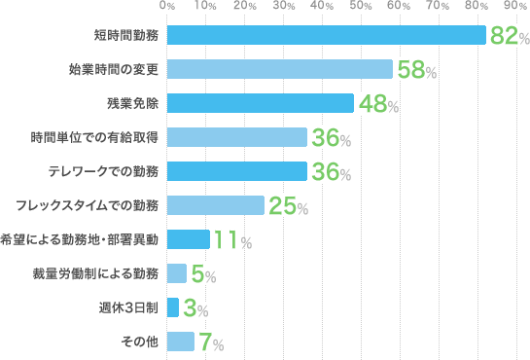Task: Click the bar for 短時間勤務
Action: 326,35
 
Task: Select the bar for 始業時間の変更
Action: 280,69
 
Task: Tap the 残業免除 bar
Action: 261,103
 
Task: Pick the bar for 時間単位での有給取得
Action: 237,137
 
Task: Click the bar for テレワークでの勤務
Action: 237,171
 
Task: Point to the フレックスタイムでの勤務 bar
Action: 216,205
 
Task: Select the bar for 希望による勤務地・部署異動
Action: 189,239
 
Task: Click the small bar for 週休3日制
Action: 173,307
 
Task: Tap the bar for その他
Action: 181,342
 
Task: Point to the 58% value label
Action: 416,71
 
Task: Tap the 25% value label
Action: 289,207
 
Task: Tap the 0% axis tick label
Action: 168,7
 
